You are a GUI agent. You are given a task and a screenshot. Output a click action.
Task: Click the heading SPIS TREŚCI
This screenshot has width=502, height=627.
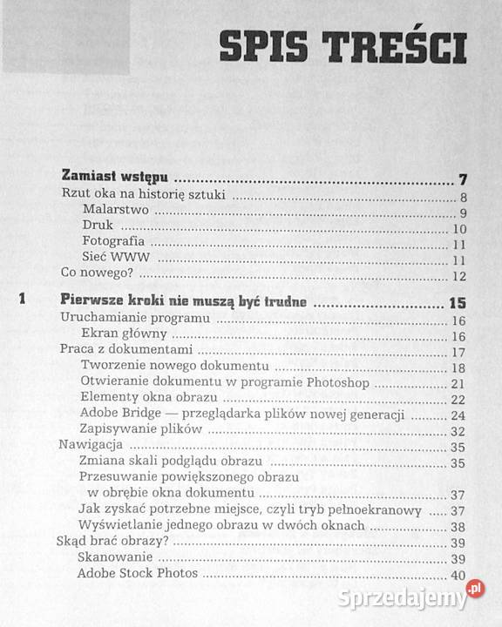(x=343, y=49)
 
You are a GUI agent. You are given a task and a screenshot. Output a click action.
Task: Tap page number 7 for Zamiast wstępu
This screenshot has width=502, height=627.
(x=464, y=180)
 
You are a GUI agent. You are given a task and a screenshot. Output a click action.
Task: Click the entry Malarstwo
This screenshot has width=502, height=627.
(x=114, y=211)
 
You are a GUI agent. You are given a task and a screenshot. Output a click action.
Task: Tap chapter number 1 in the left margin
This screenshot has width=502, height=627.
(x=24, y=302)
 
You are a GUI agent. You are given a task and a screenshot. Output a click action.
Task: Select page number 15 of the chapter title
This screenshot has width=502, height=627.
(x=458, y=304)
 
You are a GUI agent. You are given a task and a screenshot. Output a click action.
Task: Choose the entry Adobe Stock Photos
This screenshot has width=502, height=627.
(x=137, y=574)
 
